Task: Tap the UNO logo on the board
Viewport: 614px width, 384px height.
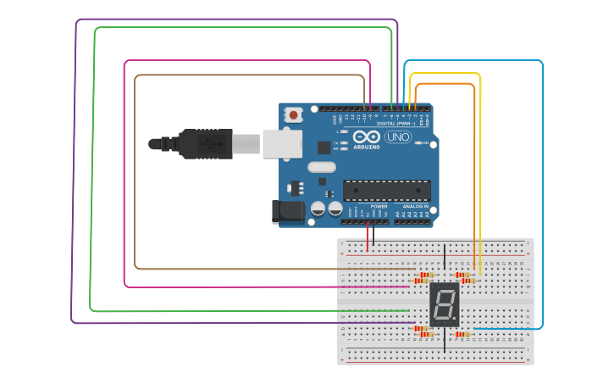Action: point(397,136)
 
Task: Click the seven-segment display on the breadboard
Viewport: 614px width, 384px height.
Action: point(445,305)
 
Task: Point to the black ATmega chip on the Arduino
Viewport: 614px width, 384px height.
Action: point(386,191)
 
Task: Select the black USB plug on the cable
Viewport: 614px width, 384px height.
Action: point(204,144)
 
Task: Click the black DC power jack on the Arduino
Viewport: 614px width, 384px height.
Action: point(287,212)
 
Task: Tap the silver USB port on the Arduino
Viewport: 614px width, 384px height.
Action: point(281,143)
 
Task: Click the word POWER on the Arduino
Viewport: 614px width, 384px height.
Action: point(379,206)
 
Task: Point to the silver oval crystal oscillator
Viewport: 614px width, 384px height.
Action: point(322,167)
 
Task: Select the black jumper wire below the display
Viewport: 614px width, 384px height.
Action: point(445,341)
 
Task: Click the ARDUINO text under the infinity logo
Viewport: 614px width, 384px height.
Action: point(366,145)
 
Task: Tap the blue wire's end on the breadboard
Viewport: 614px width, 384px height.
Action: point(475,328)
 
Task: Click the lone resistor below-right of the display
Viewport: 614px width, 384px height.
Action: point(462,334)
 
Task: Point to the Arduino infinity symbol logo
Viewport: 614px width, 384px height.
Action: point(367,136)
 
